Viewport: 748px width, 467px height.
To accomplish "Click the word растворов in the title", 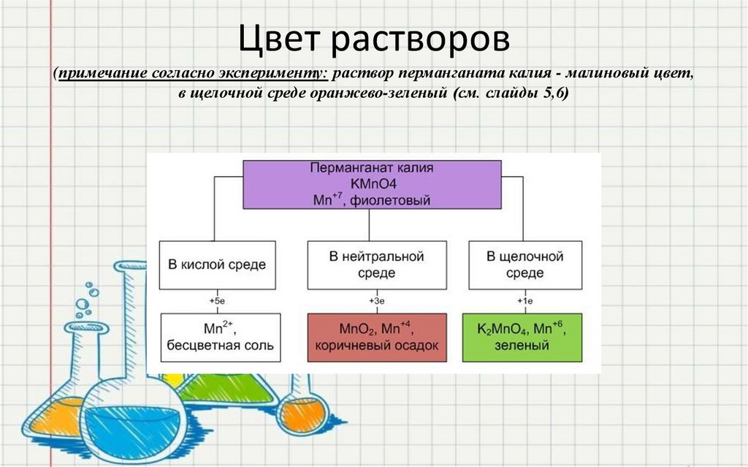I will coord(423,42).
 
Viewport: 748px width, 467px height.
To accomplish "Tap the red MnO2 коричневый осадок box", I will coord(376,337).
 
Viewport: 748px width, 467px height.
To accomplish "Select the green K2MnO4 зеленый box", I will coord(523,337).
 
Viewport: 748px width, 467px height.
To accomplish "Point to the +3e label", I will coord(376,300).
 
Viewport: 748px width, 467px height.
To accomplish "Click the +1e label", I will coord(524,300).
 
